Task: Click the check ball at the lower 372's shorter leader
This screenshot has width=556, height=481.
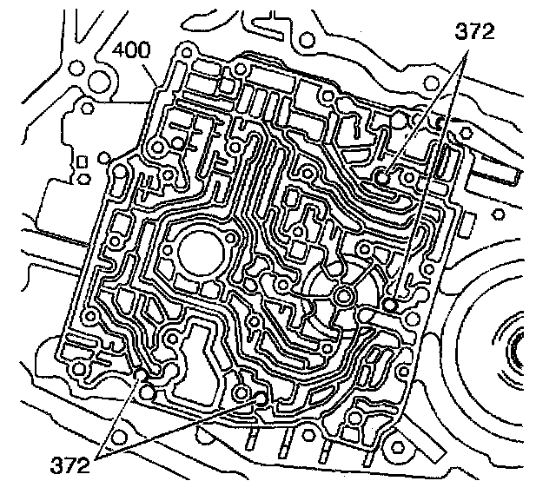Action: pos(142,376)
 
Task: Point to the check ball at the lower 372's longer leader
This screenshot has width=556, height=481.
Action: pos(262,397)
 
